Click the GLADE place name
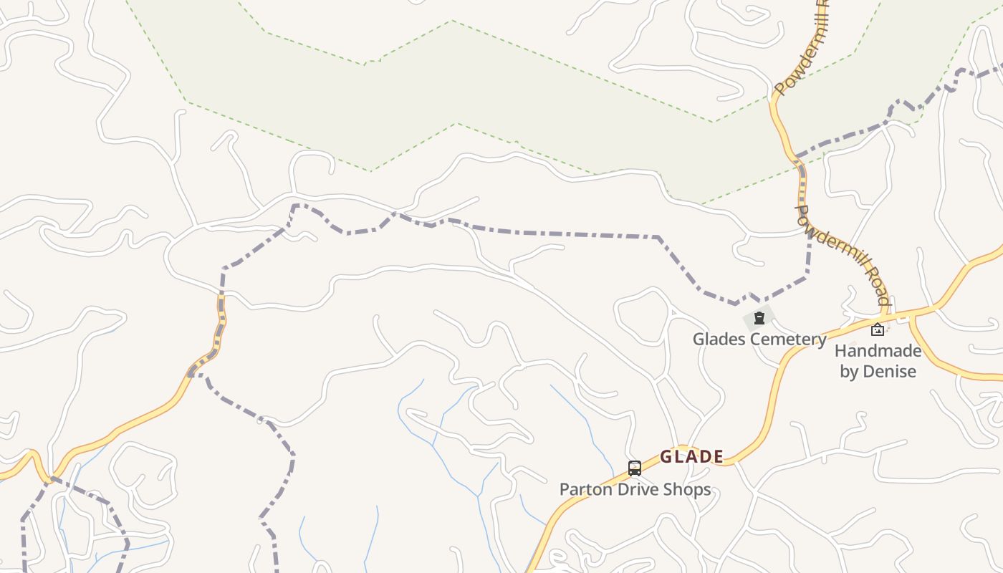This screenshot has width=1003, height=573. click(691, 456)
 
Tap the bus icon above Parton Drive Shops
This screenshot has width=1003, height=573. click(634, 468)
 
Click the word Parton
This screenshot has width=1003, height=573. click(582, 489)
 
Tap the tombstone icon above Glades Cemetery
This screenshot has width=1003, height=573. click(759, 318)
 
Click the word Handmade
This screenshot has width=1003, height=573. click(878, 351)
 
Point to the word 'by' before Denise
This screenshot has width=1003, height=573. click(849, 372)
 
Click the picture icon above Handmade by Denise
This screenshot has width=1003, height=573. click(877, 329)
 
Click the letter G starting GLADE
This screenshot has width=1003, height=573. click(666, 456)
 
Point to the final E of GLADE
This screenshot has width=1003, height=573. click(718, 456)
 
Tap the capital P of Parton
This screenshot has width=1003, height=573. click(565, 489)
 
